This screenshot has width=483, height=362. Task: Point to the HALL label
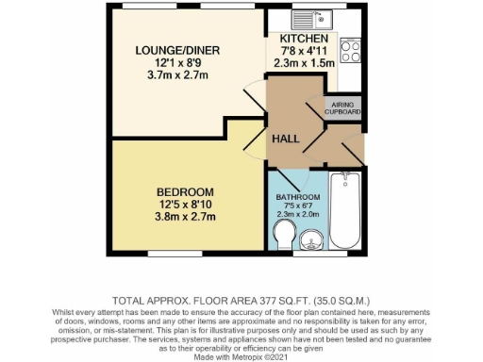click(286, 139)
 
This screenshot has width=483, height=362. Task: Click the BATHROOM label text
click(298, 197)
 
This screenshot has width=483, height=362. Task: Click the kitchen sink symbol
click(308, 17)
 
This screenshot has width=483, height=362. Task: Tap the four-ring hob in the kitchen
click(351, 51)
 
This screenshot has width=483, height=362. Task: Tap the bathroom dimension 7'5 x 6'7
click(298, 206)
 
